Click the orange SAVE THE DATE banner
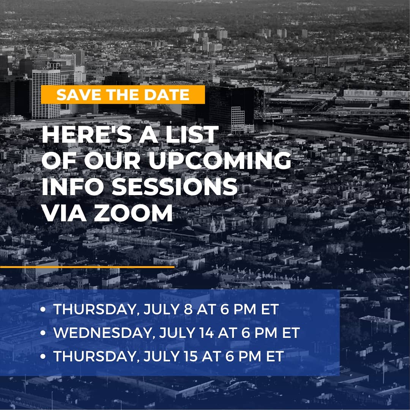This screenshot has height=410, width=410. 123,95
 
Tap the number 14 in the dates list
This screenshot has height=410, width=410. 200,333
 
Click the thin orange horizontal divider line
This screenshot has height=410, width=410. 87,267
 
